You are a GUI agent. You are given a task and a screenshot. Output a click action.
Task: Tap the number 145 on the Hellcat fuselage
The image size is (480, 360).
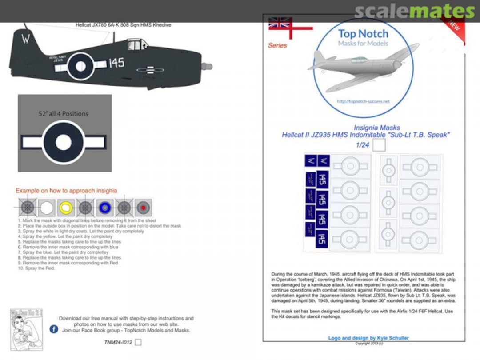coord(116,63)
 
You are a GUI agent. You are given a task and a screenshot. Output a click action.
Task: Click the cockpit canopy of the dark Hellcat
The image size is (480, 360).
coord(136,44)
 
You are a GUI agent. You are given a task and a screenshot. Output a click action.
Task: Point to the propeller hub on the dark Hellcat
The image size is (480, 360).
coord(207,67)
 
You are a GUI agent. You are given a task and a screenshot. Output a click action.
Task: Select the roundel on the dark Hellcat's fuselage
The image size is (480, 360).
coord(80,66)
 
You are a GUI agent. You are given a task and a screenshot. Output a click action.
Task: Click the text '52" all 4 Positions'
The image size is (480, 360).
coord(63,114)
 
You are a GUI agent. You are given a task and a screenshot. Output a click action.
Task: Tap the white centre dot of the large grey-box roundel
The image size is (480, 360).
coord(64,142)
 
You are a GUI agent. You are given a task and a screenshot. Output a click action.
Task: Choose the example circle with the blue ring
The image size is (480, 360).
coord(104,207)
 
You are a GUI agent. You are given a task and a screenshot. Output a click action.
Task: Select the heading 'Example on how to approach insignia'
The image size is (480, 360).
coord(67,191)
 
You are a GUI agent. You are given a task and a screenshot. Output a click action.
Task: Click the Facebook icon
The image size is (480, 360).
coord(54,329)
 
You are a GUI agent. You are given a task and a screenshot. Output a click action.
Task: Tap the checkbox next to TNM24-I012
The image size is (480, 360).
coord(138,342)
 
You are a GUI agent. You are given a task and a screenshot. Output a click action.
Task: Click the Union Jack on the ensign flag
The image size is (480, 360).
coord(280,23)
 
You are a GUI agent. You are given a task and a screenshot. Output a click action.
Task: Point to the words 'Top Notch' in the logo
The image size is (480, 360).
coord(363,34)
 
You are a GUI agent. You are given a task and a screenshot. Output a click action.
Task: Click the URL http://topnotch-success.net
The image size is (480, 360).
coord(363,101)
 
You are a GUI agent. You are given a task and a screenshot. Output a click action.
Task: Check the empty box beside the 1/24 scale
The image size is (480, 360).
coord(379,145)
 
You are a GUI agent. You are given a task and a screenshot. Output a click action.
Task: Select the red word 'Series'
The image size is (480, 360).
coord(277,45)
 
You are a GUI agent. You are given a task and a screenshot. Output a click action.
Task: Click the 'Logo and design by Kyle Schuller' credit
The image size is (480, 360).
coord(368,338)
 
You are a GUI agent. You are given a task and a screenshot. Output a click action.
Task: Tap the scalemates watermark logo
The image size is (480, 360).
coord(415,11)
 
